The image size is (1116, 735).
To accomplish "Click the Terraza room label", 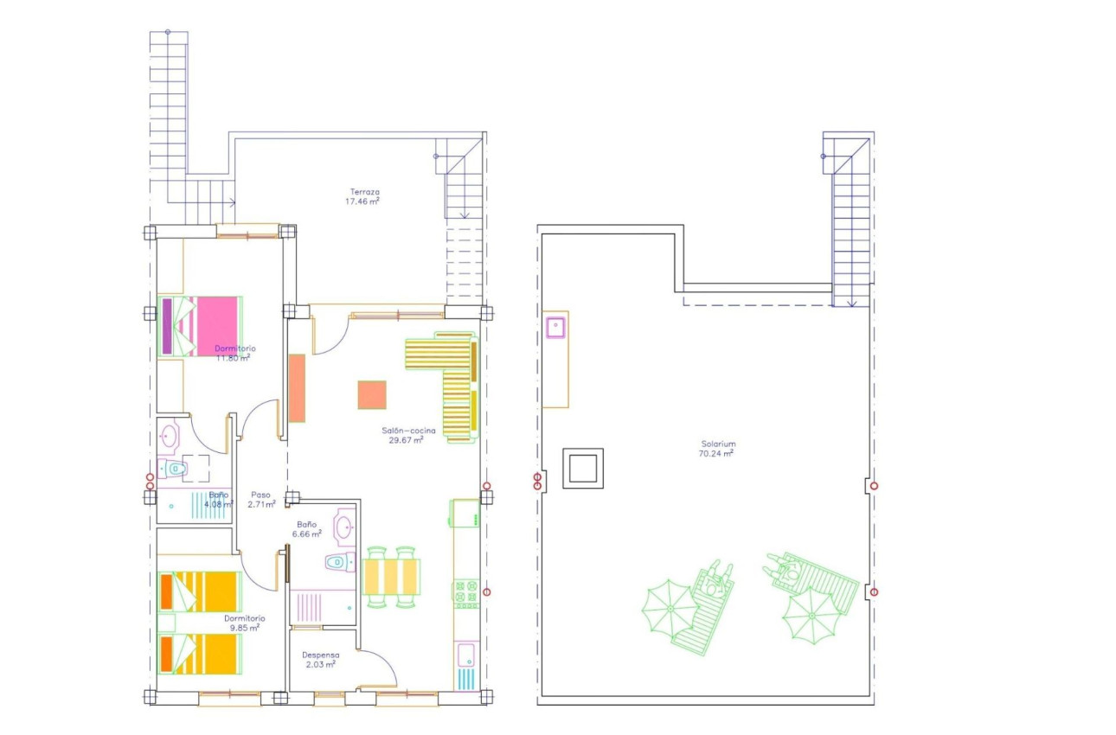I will pyautogui.click(x=364, y=191).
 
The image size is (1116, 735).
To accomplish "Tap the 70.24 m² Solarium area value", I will pyautogui.click(x=718, y=453).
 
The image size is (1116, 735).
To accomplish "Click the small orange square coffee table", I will pyautogui.click(x=372, y=394).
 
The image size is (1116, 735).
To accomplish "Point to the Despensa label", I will pyautogui.click(x=321, y=655).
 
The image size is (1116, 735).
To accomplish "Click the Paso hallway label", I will pyautogui.click(x=260, y=494).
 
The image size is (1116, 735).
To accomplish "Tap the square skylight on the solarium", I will pyautogui.click(x=582, y=468).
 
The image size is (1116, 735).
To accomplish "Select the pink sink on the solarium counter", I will pyautogui.click(x=555, y=326).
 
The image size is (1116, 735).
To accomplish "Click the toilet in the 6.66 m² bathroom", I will pyautogui.click(x=338, y=562).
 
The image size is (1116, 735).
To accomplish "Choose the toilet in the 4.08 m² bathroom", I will pyautogui.click(x=176, y=469).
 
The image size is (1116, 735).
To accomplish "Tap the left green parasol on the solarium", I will pyautogui.click(x=668, y=608).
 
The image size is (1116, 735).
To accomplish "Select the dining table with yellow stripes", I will pyautogui.click(x=392, y=576).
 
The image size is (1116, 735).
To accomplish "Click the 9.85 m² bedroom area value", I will pyautogui.click(x=246, y=629).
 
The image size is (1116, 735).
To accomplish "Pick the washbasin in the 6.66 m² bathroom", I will pyautogui.click(x=345, y=526).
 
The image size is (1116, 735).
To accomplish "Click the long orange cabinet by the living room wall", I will pyautogui.click(x=297, y=388).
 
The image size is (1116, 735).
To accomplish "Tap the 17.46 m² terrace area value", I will pyautogui.click(x=362, y=201).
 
